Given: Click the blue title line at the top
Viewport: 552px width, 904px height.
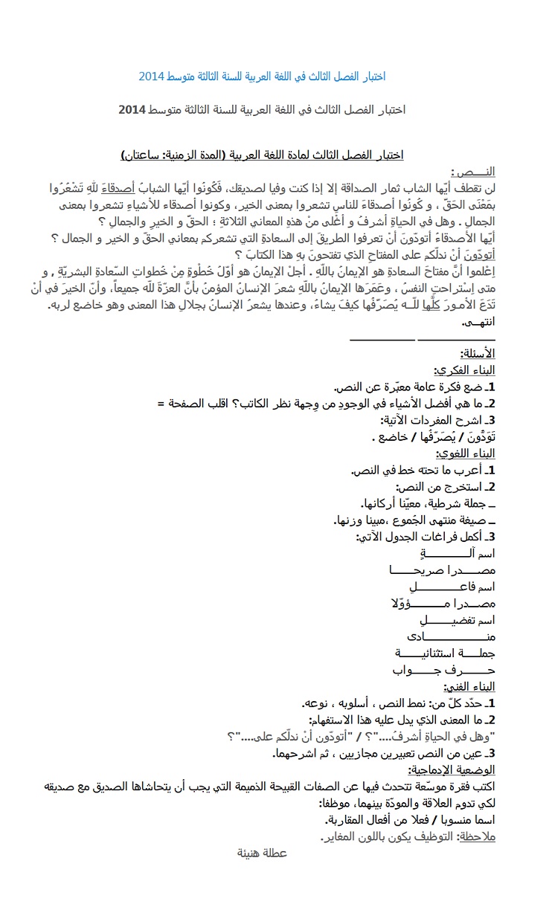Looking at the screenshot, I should click(x=262, y=77).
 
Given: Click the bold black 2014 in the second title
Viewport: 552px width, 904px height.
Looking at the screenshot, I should click(x=132, y=109).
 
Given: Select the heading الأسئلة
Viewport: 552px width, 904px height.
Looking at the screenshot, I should click(x=479, y=352).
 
